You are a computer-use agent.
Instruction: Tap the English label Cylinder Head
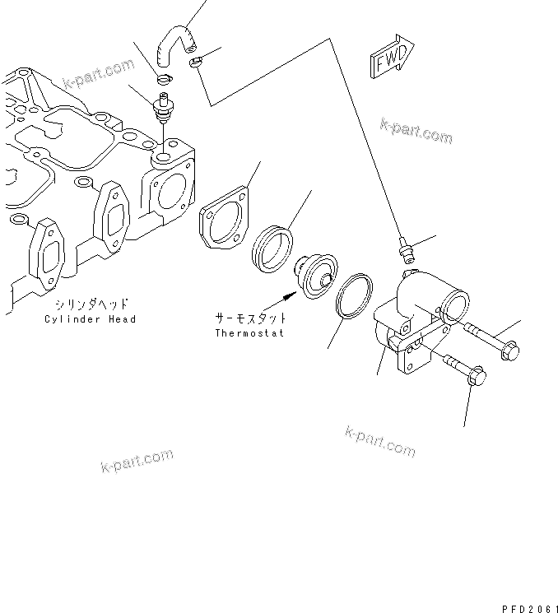91,318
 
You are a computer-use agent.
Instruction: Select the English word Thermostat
250,333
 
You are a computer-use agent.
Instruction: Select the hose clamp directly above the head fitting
164,79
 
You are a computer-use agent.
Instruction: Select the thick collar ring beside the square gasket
272,245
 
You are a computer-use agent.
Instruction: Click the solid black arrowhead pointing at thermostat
289,291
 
